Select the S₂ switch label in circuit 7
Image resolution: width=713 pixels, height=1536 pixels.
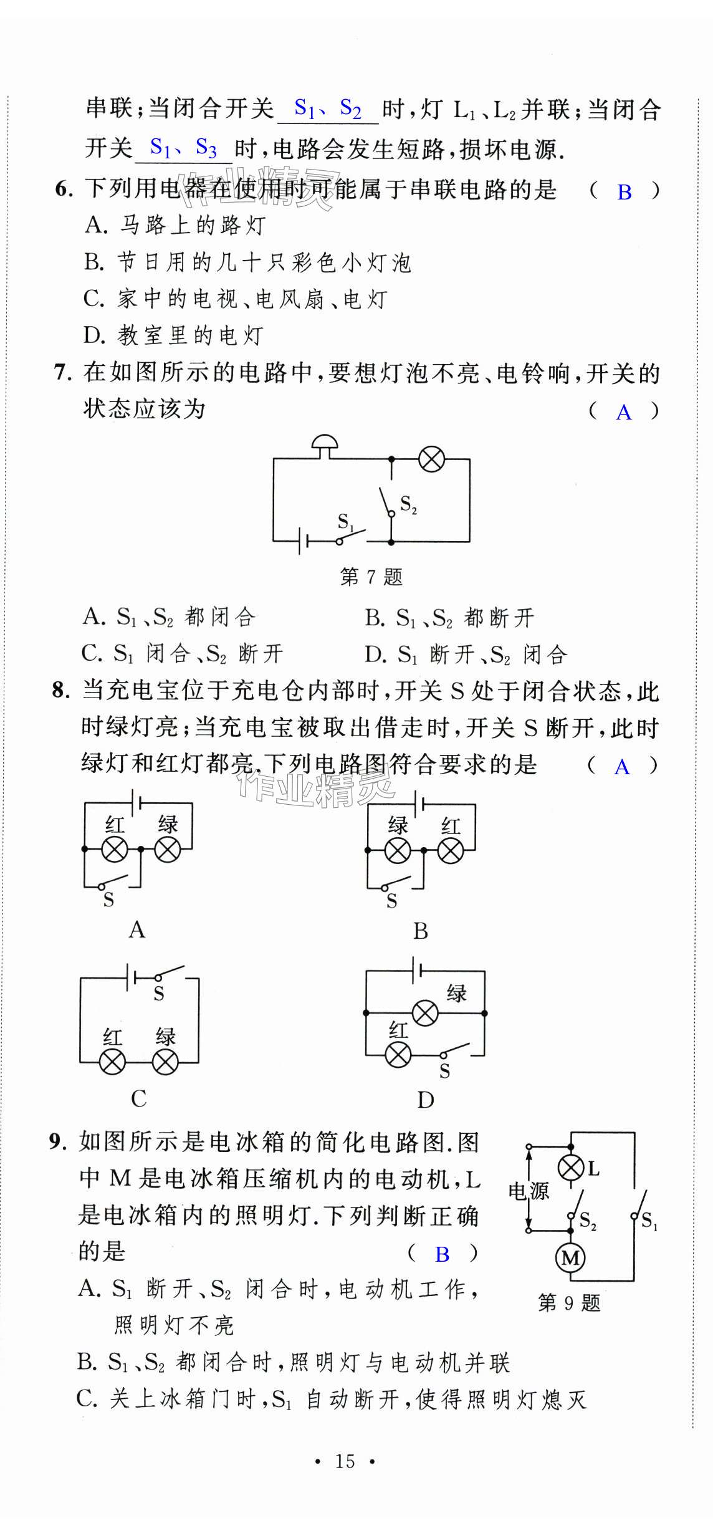point(408,504)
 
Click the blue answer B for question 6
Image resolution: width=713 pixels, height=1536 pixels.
point(624,193)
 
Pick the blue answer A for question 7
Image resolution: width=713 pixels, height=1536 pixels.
point(623,413)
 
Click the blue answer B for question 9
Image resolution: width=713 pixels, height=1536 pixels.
point(442,1255)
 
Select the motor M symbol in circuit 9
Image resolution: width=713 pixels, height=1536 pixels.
point(570,1258)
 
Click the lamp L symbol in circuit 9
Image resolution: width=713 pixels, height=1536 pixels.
point(571,1168)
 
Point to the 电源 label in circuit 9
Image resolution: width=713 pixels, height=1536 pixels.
point(528,1191)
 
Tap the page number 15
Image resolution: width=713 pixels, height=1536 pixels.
point(345,1461)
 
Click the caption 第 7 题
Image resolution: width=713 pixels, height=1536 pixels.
point(371,577)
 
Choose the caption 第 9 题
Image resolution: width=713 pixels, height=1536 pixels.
point(569,1303)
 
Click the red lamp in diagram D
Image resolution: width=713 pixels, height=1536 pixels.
point(398,1055)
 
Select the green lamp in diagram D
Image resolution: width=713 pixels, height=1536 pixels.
point(425,1013)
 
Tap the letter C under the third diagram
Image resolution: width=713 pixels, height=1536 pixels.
point(139,1098)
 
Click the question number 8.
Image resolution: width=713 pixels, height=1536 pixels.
point(60,690)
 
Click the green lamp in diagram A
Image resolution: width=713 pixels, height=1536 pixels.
point(168,849)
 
